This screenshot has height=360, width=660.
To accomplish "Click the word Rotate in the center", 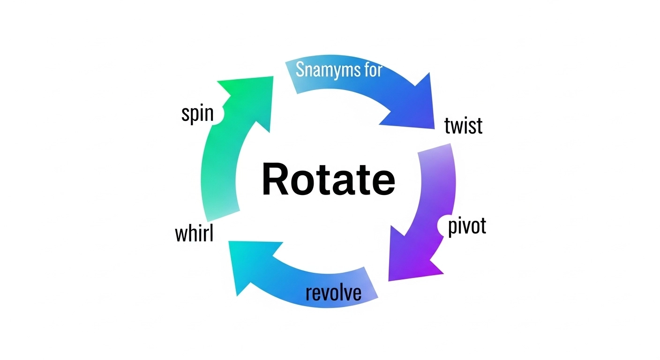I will coord(328,180).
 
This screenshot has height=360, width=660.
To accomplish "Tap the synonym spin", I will coord(197,114).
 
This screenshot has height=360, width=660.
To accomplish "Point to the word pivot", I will coord(467,226).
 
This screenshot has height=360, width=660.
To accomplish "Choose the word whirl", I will coord(194,233).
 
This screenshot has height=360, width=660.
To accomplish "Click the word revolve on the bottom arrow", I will coord(333,292).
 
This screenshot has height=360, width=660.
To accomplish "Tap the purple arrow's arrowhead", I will coord(408,258).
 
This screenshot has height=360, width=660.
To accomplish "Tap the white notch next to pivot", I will coord(443,226).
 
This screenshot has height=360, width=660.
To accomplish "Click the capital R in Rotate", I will coord(277,180).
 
